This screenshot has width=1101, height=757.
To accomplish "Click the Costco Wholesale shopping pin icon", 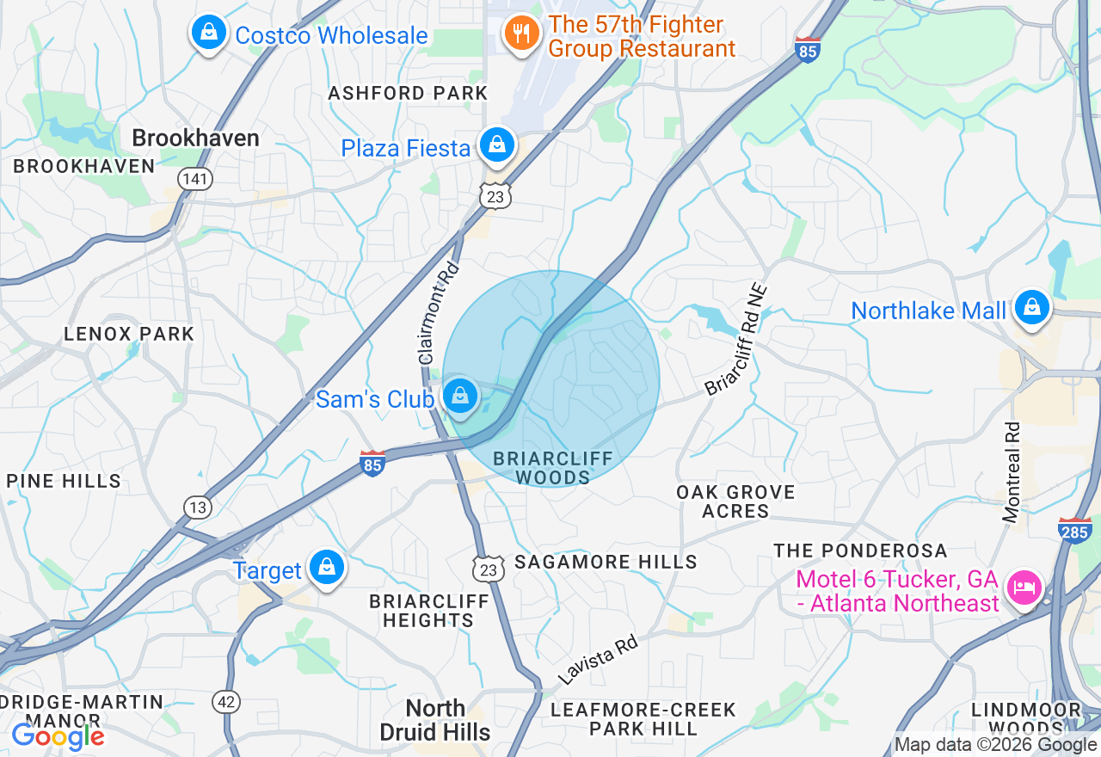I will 207,34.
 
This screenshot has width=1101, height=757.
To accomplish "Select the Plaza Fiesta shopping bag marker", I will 497,145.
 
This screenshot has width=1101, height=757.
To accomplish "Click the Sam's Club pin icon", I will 460,397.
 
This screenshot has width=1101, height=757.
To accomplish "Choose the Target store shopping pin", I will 327,568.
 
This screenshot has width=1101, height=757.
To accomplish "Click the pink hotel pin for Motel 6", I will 1024,588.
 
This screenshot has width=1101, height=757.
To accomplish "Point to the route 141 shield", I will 195,179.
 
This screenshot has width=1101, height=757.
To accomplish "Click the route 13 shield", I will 198,508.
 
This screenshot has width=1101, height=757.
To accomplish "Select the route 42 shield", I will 226,703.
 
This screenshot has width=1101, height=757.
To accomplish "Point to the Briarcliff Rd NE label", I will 735,342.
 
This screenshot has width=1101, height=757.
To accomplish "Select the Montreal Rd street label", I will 1012,471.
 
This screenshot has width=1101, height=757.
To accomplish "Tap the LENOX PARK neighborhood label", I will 130,334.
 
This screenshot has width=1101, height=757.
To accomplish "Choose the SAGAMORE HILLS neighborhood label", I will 606,562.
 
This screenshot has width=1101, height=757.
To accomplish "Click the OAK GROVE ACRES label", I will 735,502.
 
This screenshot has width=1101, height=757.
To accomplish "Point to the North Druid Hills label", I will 435,720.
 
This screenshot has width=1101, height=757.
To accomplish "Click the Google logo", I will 58,736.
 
